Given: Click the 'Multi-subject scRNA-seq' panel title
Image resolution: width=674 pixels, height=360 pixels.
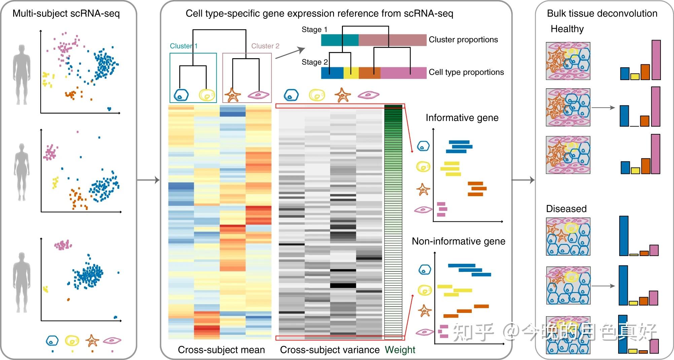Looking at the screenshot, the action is (66, 14).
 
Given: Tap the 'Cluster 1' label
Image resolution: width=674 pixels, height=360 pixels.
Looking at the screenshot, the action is (184, 46).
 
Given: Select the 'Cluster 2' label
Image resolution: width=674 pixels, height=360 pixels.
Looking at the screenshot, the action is (265, 46).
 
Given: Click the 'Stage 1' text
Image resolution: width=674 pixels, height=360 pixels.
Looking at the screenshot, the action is (314, 30).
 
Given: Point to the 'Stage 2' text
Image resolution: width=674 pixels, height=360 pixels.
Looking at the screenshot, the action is (315, 62).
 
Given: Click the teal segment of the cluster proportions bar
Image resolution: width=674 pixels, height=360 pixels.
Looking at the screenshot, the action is (340, 40).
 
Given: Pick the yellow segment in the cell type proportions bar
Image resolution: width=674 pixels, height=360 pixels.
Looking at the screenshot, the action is (351, 73).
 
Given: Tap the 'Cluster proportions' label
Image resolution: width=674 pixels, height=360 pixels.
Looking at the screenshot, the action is (463, 40).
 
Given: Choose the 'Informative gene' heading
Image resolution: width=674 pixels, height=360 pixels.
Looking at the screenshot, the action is (462, 118).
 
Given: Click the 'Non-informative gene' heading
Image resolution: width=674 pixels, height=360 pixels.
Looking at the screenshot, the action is (459, 241).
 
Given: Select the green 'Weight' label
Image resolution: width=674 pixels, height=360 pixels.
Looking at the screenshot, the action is (400, 350).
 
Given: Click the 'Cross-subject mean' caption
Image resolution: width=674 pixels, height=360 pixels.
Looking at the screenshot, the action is (221, 350).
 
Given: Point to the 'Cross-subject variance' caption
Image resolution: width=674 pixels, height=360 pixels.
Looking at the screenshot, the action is (330, 350).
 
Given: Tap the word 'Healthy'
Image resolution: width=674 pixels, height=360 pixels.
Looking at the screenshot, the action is (567, 29).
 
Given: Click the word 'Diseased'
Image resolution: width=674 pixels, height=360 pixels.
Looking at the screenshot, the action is (566, 209).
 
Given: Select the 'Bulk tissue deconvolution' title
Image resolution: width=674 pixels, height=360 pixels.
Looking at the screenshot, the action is (602, 13).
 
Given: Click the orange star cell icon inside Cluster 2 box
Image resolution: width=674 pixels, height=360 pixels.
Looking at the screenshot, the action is (233, 95).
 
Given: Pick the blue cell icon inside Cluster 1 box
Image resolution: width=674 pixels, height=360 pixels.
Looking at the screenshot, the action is (181, 95).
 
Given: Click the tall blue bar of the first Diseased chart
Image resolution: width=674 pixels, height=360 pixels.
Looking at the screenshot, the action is (624, 236).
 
